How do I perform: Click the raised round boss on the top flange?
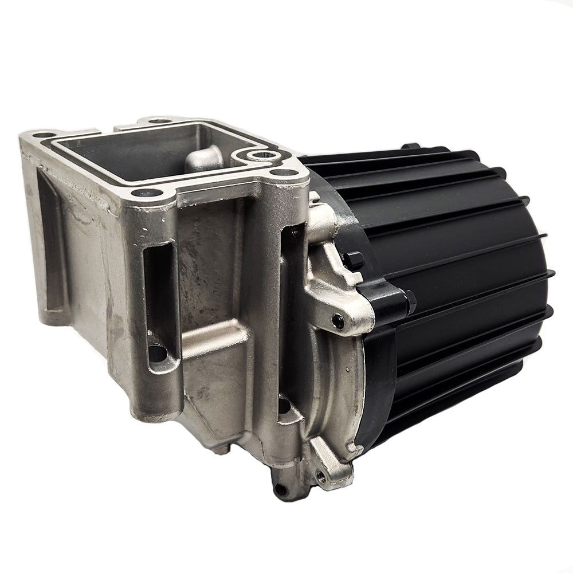pos(259,155)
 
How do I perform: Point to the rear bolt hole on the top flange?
pos(159,121)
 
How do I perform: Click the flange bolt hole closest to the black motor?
pos(280,174)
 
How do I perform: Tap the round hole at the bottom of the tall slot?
pos(156,351)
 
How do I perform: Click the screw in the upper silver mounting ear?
pos(339,323)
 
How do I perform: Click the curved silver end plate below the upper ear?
pos(344,390)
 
